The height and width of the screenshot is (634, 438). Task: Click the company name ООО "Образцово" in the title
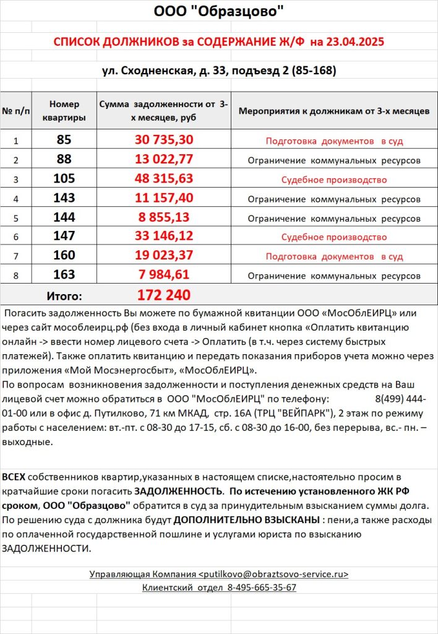click(x=219, y=11)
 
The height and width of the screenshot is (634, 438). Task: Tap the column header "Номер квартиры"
click(x=64, y=111)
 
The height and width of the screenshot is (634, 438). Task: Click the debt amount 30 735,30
click(x=164, y=140)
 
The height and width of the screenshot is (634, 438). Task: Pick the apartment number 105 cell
click(x=64, y=179)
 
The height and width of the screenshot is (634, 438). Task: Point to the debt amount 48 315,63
click(x=164, y=179)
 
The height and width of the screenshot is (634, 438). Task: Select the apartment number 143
click(x=64, y=198)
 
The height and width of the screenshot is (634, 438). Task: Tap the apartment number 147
click(x=64, y=236)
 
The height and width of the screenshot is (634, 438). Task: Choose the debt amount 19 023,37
click(x=164, y=255)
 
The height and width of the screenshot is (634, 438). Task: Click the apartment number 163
click(x=64, y=274)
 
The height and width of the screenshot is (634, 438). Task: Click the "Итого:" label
click(x=64, y=295)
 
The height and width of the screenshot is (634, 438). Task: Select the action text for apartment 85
click(x=334, y=141)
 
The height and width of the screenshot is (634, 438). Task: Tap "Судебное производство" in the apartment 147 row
click(x=334, y=237)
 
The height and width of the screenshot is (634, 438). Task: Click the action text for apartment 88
click(x=334, y=160)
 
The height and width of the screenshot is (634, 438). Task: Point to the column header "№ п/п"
click(x=16, y=111)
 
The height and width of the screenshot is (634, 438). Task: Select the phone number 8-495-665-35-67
click(x=262, y=587)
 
